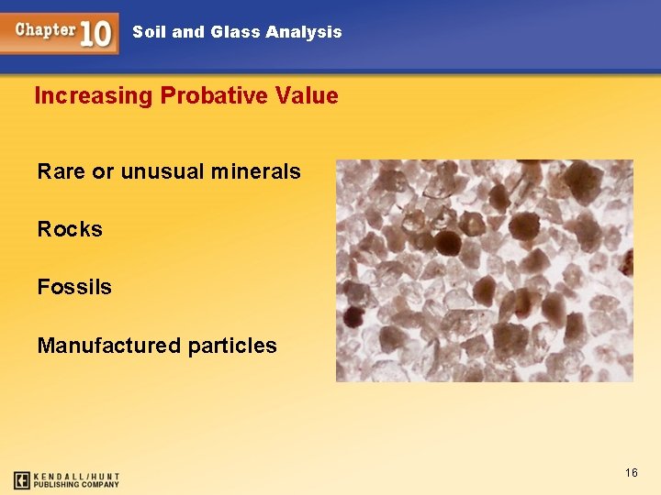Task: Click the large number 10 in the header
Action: (x=96, y=33)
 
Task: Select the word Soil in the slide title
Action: (x=149, y=32)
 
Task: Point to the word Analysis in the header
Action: (x=303, y=32)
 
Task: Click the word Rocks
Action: (x=70, y=229)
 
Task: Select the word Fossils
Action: (x=74, y=287)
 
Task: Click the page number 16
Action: (x=631, y=472)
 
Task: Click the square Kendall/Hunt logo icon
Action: (x=22, y=479)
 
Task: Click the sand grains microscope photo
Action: (x=484, y=270)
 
